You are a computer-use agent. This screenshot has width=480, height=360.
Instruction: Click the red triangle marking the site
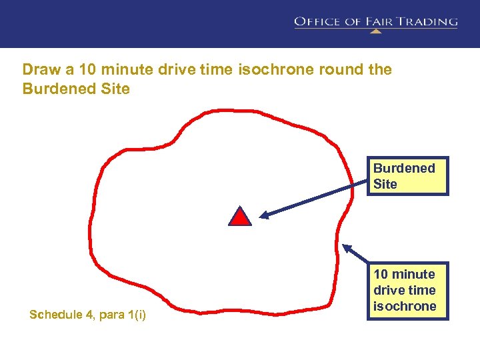[x=240, y=217]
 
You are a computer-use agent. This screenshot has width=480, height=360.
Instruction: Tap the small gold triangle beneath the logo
[x=375, y=31]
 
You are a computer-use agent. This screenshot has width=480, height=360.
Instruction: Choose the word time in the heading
[x=214, y=69]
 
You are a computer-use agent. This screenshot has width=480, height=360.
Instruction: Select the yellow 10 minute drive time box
[x=408, y=290]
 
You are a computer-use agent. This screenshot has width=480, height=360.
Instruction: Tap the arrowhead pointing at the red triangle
[x=264, y=215]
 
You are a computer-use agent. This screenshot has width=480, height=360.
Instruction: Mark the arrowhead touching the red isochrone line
[x=347, y=248]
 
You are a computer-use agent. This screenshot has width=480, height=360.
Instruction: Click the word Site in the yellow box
[x=385, y=185]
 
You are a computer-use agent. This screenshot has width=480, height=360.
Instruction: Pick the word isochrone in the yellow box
[x=405, y=306]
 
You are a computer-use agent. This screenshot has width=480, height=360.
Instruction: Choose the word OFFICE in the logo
[x=318, y=21]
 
